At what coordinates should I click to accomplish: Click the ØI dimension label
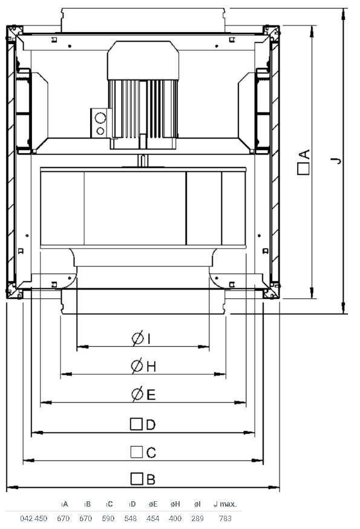click(x=141, y=338)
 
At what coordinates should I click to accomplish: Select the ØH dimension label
click(x=143, y=366)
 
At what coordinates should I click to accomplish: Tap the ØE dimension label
click(x=143, y=394)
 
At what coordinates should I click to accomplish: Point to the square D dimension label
click(x=143, y=424)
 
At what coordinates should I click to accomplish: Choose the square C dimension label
click(x=143, y=452)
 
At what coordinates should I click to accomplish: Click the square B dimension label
click(x=143, y=479)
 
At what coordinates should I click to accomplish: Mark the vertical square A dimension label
click(x=304, y=162)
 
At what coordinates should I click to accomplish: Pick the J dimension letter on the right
click(x=336, y=160)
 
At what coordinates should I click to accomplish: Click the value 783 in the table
click(x=225, y=518)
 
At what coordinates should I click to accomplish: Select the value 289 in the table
click(x=197, y=518)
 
